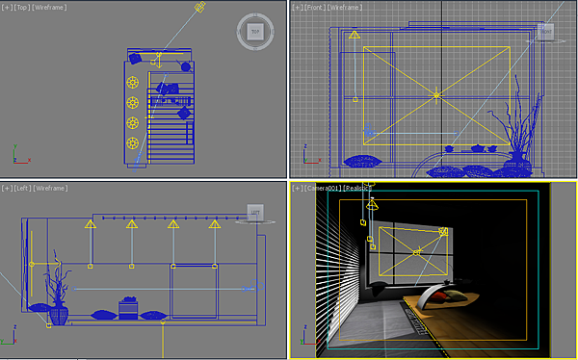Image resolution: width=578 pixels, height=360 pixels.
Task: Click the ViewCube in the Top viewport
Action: (255, 32)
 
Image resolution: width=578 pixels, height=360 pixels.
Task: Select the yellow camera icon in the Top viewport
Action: (199, 8)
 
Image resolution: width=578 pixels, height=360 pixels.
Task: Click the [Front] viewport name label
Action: (314, 7)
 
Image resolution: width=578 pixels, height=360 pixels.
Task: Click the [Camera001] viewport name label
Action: (324, 189)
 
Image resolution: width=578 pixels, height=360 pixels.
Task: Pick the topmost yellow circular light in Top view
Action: (132, 82)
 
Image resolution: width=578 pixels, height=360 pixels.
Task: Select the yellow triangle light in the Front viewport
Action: (354, 36)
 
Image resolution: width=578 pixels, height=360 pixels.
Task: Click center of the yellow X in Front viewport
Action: (436, 94)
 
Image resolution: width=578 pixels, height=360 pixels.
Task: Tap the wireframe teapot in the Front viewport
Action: (479, 148)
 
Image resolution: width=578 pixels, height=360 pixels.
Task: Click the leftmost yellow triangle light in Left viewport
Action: (90, 224)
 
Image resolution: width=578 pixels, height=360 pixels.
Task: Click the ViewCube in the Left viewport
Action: (255, 212)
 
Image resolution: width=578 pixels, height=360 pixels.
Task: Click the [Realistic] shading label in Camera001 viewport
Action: (358, 189)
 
